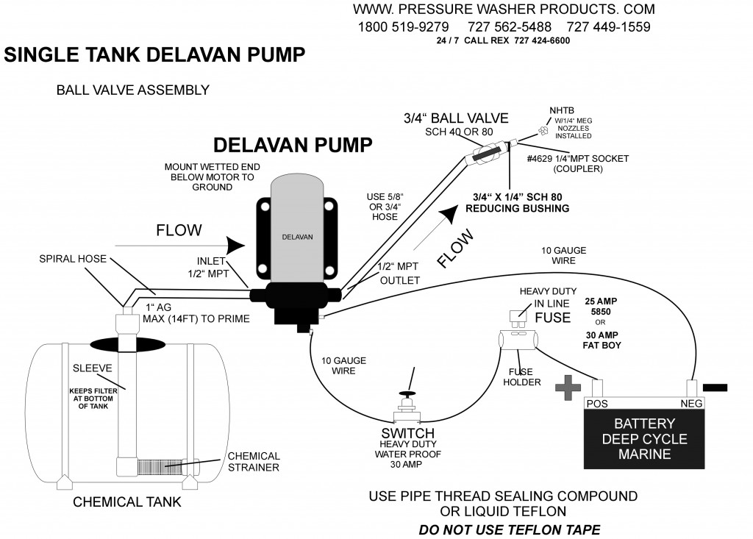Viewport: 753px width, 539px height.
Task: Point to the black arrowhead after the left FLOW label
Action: (x=235, y=243)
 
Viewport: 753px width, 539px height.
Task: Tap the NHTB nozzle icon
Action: (x=543, y=132)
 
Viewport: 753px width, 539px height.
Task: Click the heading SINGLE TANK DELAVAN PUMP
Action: (x=155, y=56)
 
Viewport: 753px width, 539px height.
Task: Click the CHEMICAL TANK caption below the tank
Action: (x=127, y=503)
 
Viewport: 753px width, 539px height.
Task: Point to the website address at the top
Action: (x=503, y=10)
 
